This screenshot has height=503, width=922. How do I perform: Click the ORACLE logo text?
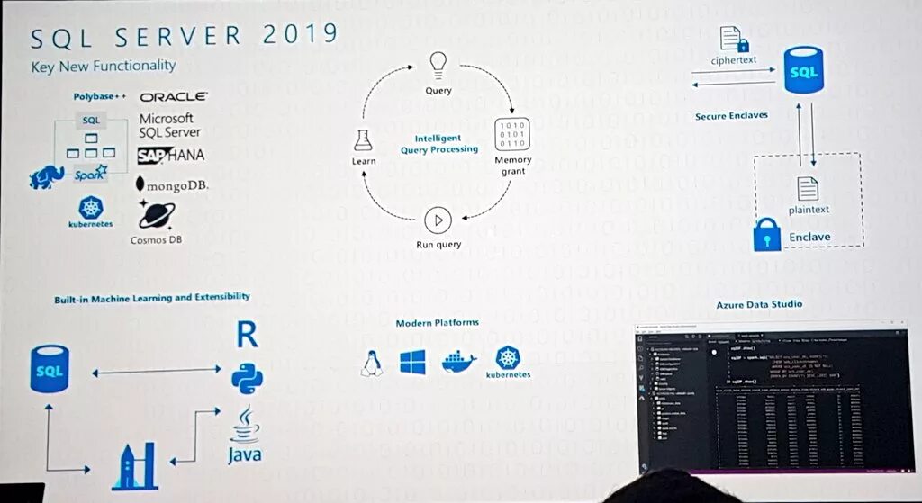174,96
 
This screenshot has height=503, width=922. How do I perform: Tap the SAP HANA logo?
171,155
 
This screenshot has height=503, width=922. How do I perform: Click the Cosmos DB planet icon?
157,215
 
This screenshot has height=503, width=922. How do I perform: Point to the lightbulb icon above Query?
438,64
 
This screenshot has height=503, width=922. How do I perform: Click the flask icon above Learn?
363,139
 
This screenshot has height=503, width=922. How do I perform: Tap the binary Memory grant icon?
512,134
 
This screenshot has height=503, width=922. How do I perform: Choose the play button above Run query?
438,220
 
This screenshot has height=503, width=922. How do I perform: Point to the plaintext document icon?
809,188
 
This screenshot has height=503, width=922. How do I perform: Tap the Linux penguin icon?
370,363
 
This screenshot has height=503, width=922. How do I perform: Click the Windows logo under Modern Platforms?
412,363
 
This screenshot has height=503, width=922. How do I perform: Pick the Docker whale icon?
458,362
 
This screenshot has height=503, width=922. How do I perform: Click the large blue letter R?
247,334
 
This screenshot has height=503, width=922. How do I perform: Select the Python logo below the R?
247,379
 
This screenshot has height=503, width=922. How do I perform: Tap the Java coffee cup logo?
245,432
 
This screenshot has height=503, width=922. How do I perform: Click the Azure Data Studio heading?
759,304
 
